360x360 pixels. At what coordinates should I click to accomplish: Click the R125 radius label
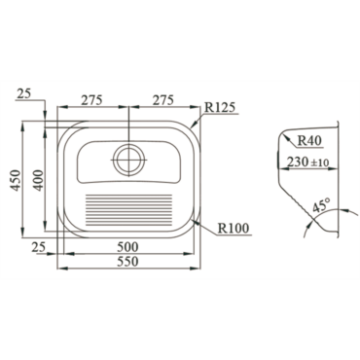pyautogui.click(x=220, y=107)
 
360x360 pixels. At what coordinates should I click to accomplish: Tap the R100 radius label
pyautogui.click(x=234, y=228)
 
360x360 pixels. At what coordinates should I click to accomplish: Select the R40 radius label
pyautogui.click(x=309, y=141)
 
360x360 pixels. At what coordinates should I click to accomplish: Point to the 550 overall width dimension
pyautogui.click(x=127, y=261)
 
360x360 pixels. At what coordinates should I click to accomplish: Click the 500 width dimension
pyautogui.click(x=127, y=247)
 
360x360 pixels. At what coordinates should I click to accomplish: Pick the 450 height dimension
pyautogui.click(x=17, y=180)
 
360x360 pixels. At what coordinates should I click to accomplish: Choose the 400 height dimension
pyautogui.click(x=38, y=180)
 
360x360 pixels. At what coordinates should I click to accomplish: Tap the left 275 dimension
pyautogui.click(x=91, y=100)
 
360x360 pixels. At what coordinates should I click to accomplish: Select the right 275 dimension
pyautogui.click(x=163, y=100)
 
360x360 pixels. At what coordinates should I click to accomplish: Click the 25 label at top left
pyautogui.click(x=23, y=94)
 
